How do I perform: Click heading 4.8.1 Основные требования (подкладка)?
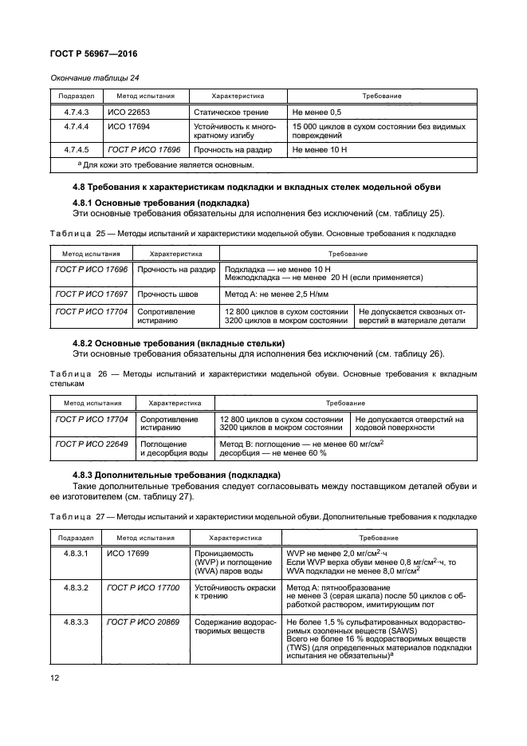160,203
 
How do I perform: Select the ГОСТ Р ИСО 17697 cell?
91,294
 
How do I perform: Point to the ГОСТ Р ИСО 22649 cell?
92,443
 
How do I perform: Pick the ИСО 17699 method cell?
128,551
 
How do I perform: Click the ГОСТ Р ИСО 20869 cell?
143,620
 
